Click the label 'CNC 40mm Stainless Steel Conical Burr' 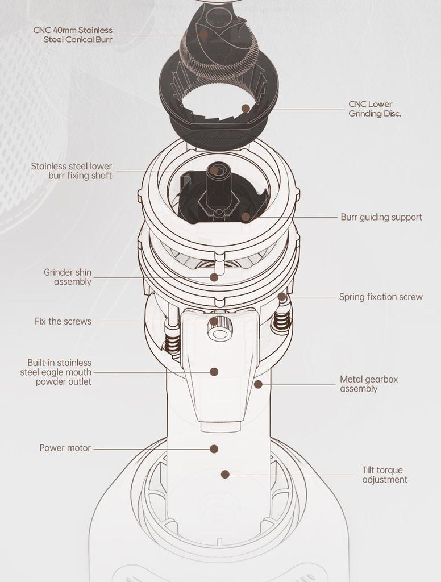point(73,35)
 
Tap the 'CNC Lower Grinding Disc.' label point(375,109)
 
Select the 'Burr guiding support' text point(381,217)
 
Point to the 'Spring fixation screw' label point(381,297)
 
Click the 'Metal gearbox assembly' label point(369,384)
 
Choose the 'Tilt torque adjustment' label point(385,475)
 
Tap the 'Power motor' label point(65,448)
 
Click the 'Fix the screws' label point(63,321)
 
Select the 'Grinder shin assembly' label point(68,277)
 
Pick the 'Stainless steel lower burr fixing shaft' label point(72,171)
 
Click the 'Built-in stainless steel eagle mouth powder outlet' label point(56,372)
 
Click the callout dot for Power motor point(214,448)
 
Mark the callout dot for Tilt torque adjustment point(225,474)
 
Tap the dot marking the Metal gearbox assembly point(258,384)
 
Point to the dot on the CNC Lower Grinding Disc point(246,108)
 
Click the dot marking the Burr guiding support point(246,217)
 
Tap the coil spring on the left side point(172,344)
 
